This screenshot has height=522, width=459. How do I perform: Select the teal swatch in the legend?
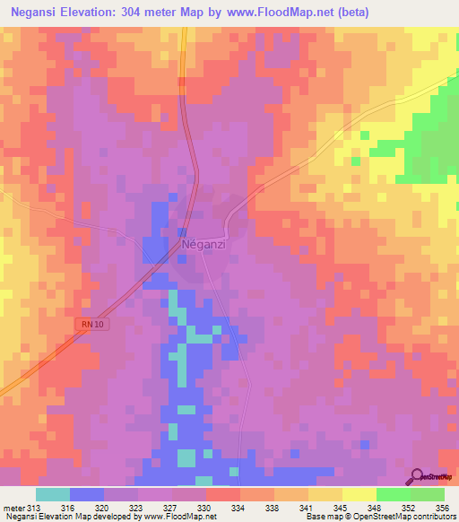tap(52, 494)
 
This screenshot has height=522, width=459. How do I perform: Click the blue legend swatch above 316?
tap(86, 494)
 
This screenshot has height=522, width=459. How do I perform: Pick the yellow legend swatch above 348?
tap(359, 494)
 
